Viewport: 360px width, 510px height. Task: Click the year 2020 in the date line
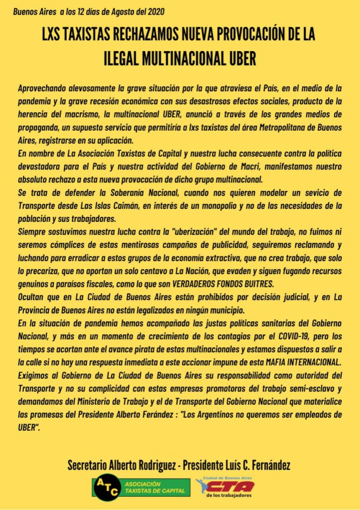[x=156, y=11]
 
